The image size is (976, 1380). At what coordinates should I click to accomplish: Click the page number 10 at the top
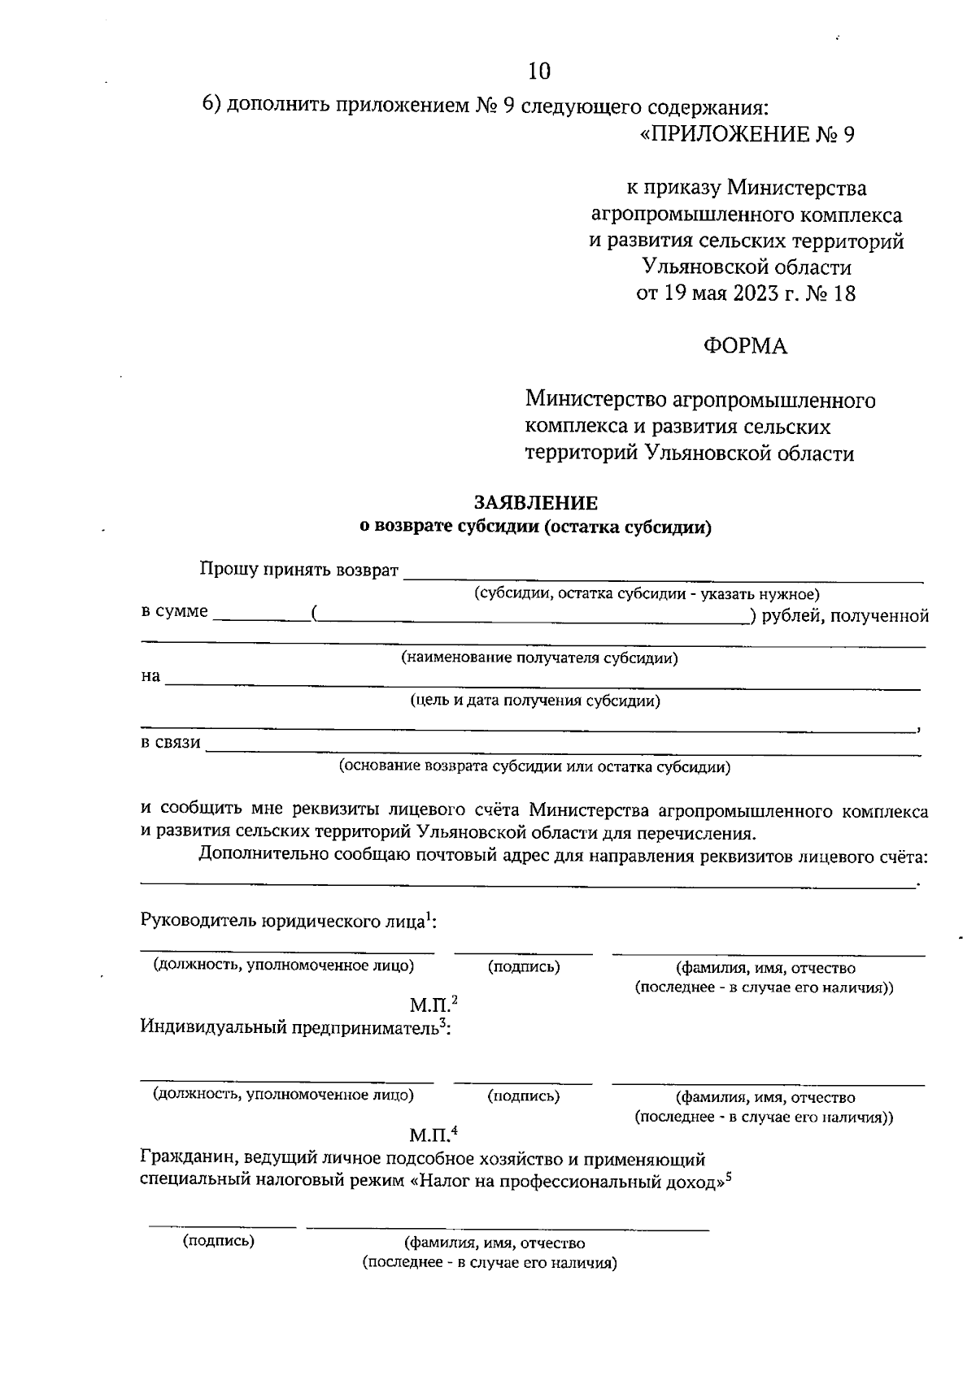[x=539, y=72]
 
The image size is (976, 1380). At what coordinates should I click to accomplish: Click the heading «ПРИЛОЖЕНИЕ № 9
[x=747, y=134]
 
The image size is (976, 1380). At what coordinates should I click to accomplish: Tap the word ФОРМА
[x=745, y=346]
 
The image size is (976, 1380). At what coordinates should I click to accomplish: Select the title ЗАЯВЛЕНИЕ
[x=535, y=504]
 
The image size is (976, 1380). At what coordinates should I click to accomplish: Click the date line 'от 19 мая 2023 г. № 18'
[x=745, y=293]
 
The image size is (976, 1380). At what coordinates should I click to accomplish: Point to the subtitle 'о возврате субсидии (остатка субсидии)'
[x=535, y=527]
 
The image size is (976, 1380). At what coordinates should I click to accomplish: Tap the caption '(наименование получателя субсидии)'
[x=539, y=658]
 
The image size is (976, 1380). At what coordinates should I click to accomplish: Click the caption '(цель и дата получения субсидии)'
[x=534, y=701]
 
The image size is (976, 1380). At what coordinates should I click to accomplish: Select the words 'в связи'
[x=171, y=742]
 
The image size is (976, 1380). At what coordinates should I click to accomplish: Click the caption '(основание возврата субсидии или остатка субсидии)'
[x=534, y=766]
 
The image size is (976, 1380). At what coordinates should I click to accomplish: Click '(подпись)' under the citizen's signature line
[x=219, y=1240]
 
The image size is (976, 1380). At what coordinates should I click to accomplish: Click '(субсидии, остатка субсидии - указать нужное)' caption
[x=647, y=594]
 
